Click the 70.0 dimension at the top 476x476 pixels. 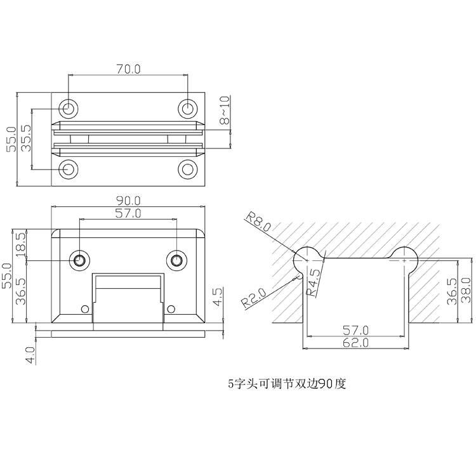(x=128, y=69)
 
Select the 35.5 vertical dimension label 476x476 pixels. (x=27, y=138)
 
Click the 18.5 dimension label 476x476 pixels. (x=20, y=244)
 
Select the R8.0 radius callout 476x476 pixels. (x=259, y=222)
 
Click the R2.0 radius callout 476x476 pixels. (x=255, y=296)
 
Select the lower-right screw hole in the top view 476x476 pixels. (x=187, y=169)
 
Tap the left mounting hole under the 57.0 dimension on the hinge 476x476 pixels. (x=80, y=260)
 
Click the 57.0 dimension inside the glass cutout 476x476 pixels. (x=356, y=330)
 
